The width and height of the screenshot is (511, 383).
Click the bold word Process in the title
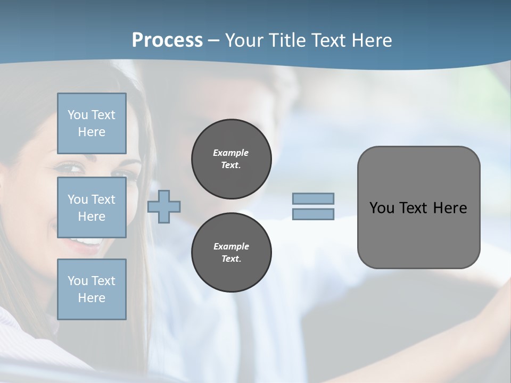click(x=167, y=40)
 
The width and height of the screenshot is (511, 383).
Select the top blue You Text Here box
click(x=92, y=123)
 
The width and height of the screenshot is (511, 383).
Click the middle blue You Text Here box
click(x=92, y=207)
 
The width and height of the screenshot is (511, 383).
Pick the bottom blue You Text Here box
click(x=92, y=289)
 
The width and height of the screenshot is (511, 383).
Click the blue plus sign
click(x=164, y=206)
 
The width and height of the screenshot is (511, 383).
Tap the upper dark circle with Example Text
click(x=231, y=159)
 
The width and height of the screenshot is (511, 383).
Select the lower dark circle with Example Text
click(x=231, y=253)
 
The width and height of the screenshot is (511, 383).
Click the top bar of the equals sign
click(x=313, y=198)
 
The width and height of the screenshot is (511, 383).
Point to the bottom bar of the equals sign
click(x=313, y=214)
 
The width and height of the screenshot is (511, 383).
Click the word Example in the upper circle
click(x=231, y=153)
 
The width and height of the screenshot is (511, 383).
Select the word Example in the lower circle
click(x=231, y=246)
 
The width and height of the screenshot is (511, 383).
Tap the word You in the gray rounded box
click(x=381, y=208)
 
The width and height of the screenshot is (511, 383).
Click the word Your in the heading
click(x=244, y=40)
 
